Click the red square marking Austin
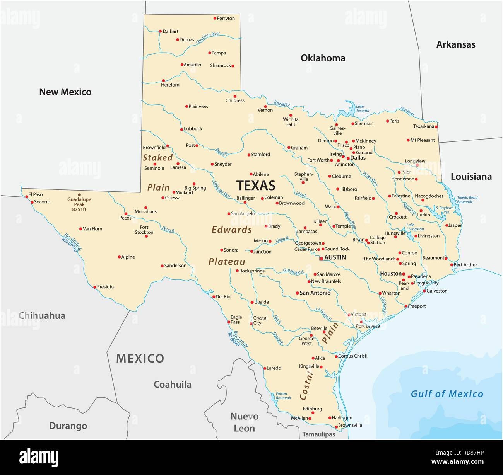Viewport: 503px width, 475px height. pos(321,258)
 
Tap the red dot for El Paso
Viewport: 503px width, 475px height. pos(26,196)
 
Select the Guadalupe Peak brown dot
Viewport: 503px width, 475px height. pos(80,195)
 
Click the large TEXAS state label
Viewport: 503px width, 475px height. pos(256,186)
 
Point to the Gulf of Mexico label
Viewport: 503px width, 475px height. pos(447,394)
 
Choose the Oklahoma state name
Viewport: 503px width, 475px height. pos(323,58)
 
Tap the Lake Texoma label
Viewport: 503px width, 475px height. pos(362,108)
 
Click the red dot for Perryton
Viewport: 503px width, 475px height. pos(215,18)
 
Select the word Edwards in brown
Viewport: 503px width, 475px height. pos(232,230)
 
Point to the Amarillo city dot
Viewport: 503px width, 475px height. pos(182,65)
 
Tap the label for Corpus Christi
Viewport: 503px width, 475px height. pos(352,356)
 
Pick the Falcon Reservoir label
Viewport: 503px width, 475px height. pos(283,396)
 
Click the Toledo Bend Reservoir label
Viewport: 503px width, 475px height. pos(467,199)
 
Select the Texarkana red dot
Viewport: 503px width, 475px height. pos(436,127)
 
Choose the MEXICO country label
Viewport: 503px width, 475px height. pos(140,358)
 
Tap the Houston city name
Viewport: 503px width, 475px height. pos(391,274)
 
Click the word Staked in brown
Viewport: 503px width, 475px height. pos(157,158)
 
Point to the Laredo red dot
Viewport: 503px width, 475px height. pos(265,368)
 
